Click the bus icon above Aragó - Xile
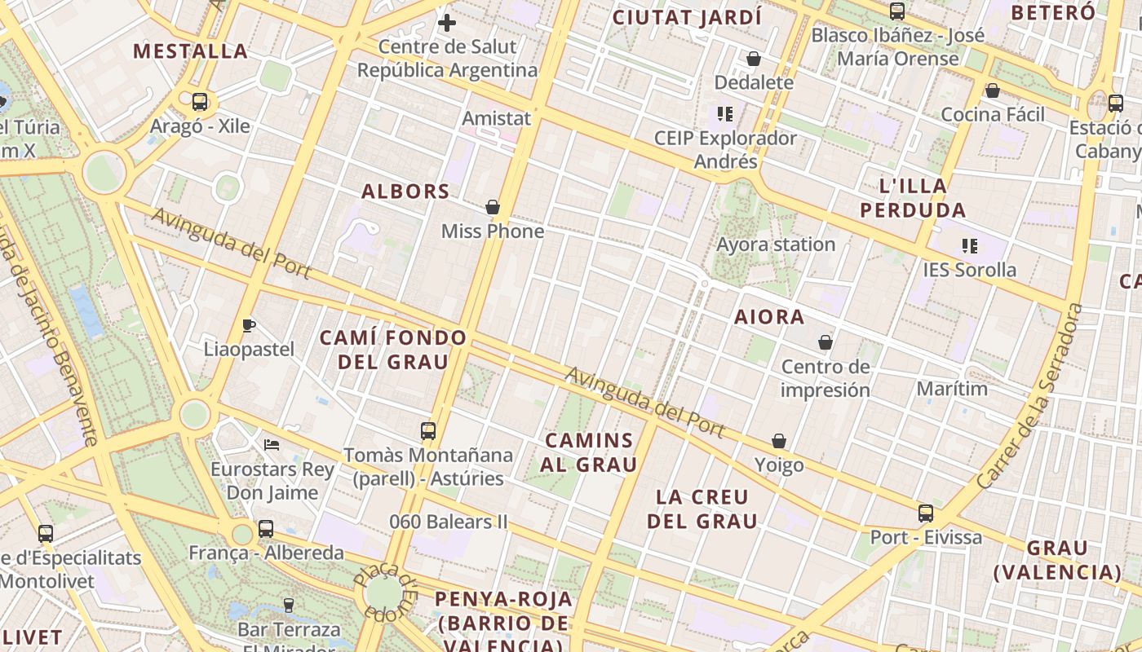point(200,102)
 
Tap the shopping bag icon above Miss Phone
point(493,207)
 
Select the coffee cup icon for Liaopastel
point(249,326)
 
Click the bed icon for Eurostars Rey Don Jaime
point(272,445)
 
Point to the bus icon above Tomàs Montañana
point(428,431)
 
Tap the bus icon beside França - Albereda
point(266,528)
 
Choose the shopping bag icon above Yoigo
point(779,441)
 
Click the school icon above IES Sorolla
point(970,245)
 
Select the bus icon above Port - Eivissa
point(926,513)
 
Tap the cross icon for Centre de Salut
point(446,23)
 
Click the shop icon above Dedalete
point(754,59)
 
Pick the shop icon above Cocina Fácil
point(993,90)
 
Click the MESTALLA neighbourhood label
point(190,51)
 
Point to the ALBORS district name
point(405,192)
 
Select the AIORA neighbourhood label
point(769,317)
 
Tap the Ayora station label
point(776,244)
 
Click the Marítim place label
point(952,389)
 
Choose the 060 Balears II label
point(448,522)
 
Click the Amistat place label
point(496,118)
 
